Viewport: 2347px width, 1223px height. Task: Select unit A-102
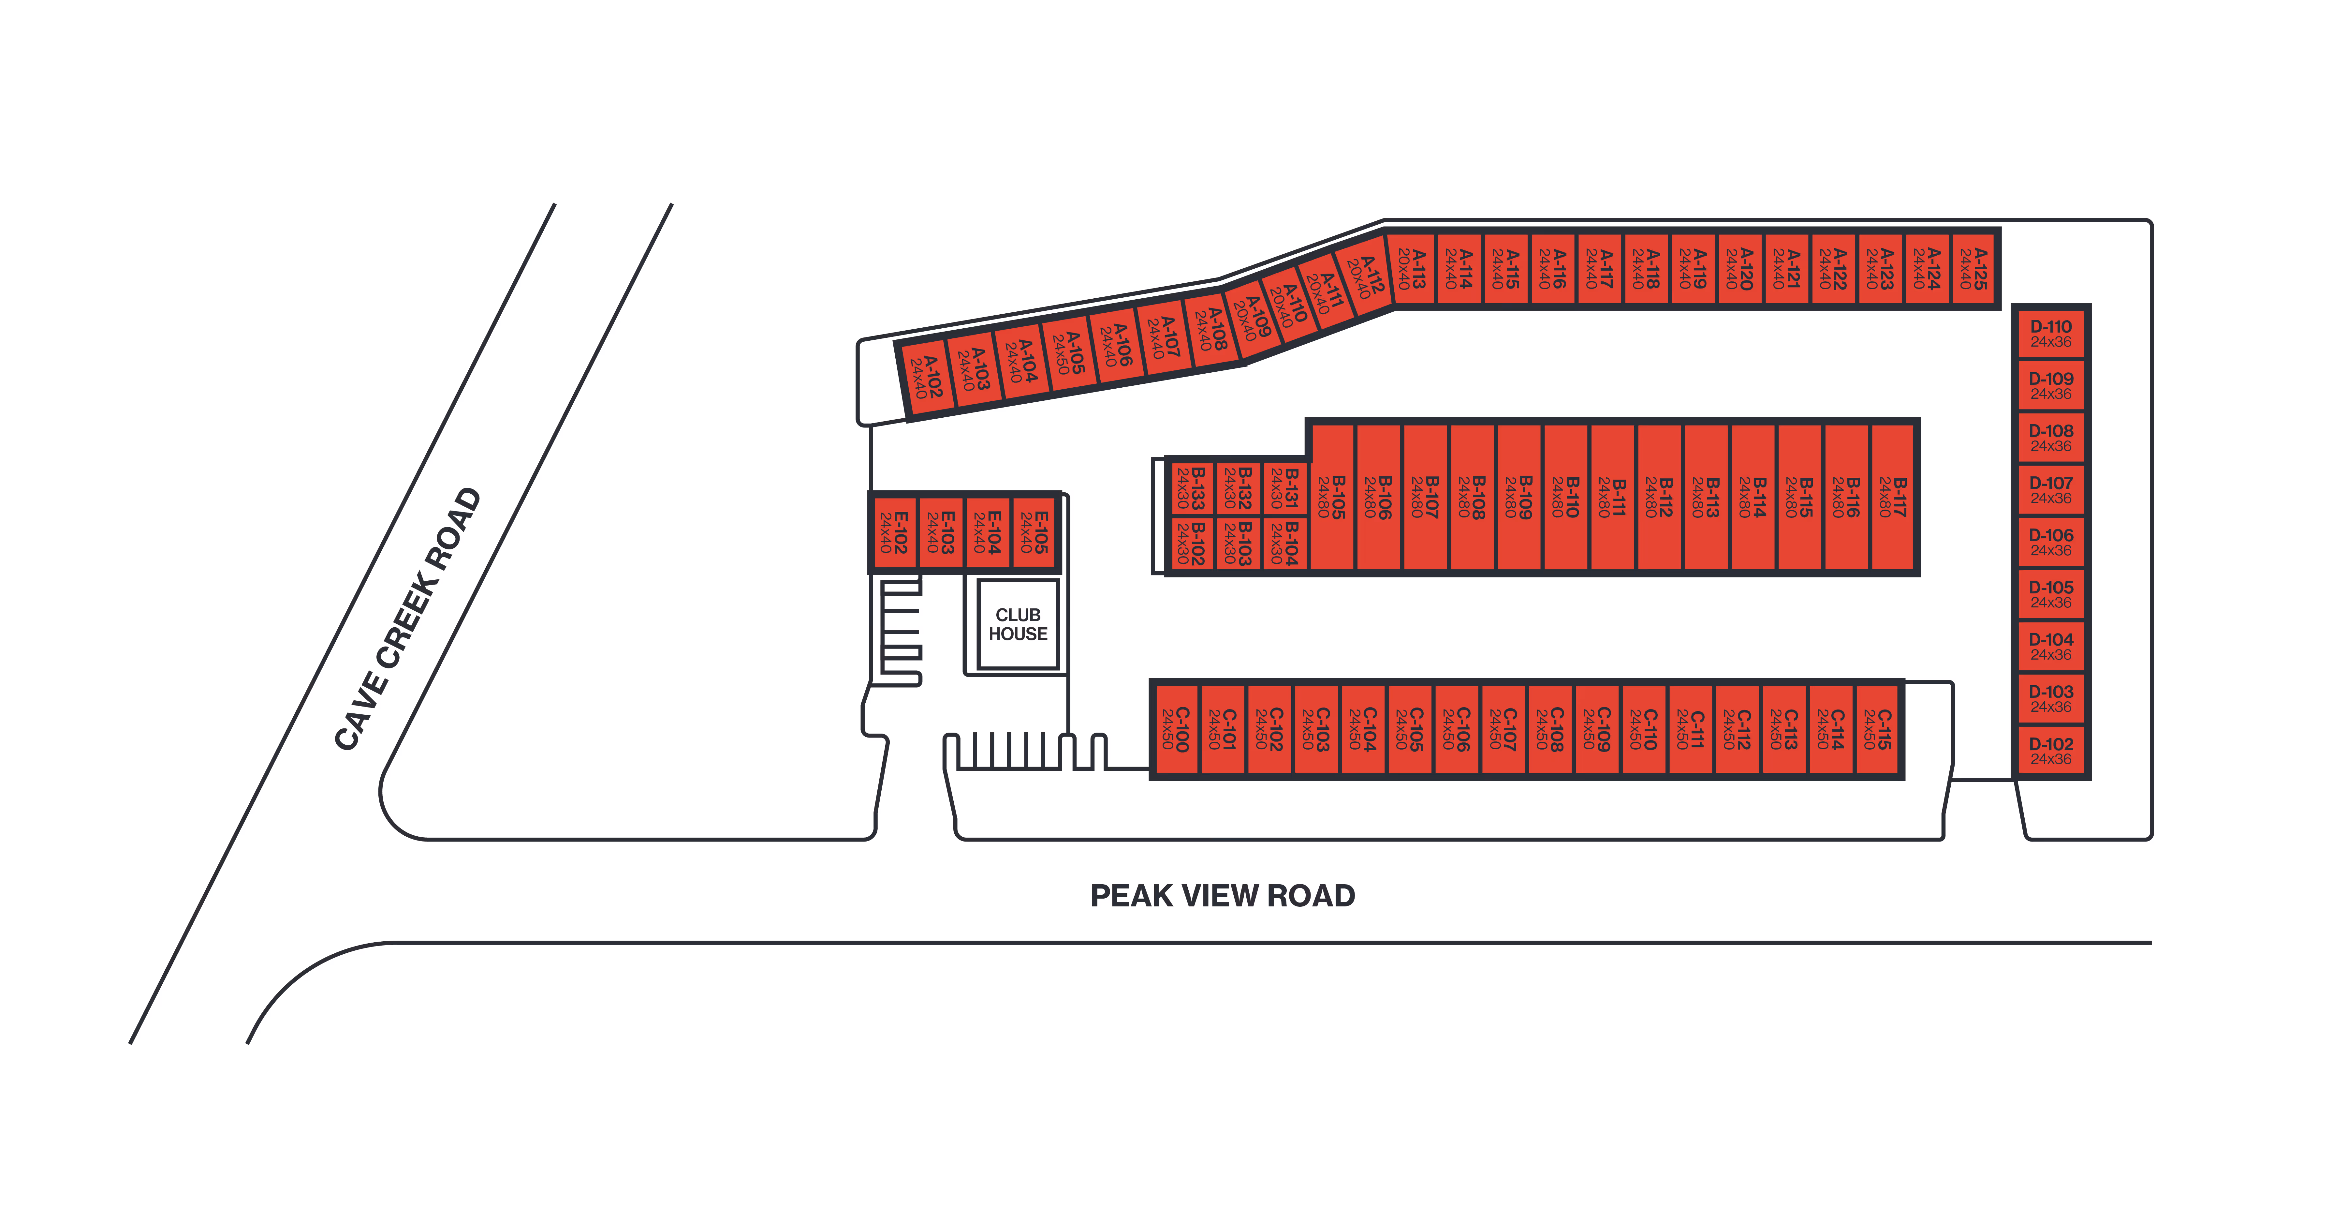coord(927,377)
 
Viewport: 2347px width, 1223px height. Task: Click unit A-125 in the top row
coord(1973,269)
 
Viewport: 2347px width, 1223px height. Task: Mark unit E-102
coord(893,532)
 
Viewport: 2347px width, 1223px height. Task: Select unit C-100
coord(1174,729)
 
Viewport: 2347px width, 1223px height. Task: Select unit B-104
coord(1285,543)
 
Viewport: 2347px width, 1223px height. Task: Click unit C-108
coord(1549,729)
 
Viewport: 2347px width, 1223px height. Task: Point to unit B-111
coord(1612,497)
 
